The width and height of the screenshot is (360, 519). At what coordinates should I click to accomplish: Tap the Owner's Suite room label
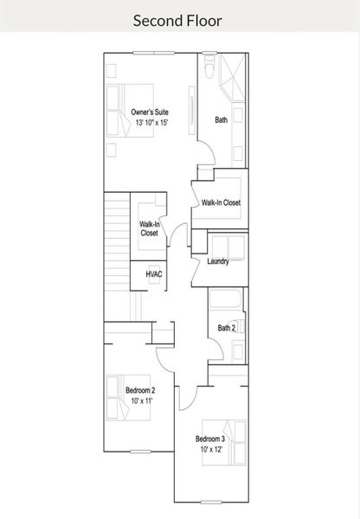coord(150,112)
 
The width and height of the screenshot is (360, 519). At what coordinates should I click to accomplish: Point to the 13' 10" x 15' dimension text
coord(150,123)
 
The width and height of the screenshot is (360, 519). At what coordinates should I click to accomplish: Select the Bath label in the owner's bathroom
coord(222,120)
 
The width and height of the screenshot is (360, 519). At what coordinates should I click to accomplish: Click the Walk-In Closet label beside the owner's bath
coord(221,202)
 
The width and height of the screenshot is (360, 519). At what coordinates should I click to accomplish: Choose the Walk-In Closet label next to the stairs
coord(149,228)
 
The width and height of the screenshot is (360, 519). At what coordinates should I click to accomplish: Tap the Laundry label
coord(217,260)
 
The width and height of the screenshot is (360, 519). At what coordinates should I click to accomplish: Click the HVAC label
coord(154,273)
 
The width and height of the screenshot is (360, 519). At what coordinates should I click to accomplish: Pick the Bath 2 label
coord(226,328)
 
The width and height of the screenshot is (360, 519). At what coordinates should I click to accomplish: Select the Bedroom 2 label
coord(140,391)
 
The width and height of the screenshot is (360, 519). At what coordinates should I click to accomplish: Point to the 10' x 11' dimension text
coord(140,402)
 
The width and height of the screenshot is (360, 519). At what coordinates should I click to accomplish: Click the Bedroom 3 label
coord(210,438)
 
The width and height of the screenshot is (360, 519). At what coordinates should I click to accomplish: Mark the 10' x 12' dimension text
coord(210,449)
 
